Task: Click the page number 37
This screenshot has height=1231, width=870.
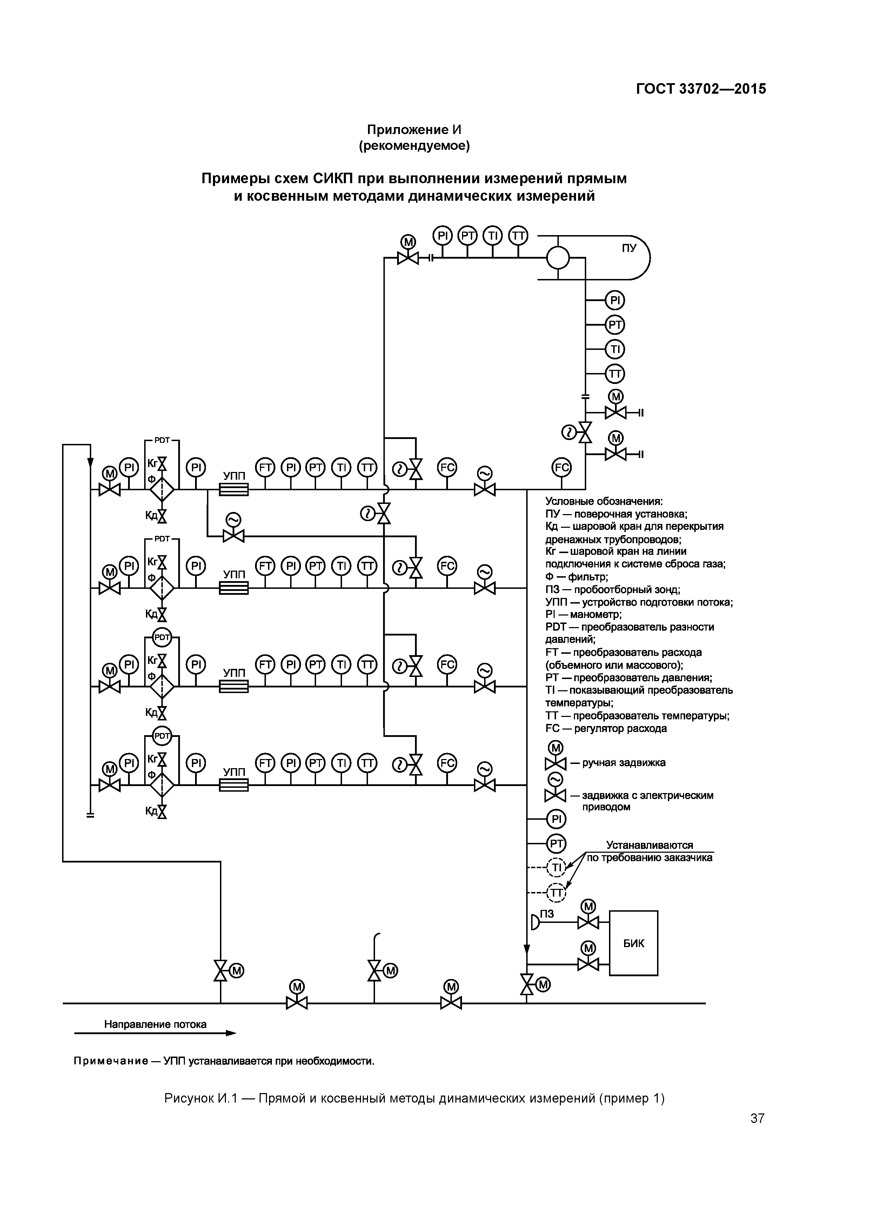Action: (757, 1118)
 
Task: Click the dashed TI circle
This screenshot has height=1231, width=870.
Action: (556, 867)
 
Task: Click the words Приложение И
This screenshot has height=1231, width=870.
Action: (414, 130)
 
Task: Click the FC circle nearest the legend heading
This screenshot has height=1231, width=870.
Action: (562, 467)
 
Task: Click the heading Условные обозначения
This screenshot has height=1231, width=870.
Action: (604, 501)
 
